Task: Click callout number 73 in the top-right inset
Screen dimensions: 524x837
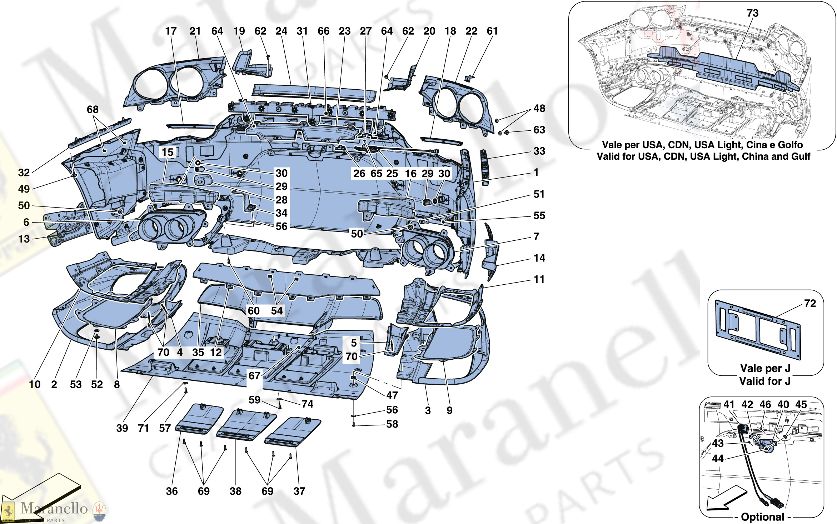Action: [x=752, y=13]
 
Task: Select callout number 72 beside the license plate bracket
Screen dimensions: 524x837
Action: [x=810, y=304]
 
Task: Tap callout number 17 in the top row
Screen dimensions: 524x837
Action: [x=171, y=31]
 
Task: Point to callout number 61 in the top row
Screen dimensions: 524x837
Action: [x=492, y=31]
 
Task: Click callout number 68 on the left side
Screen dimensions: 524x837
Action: [x=93, y=110]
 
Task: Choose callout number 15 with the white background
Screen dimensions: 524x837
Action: [x=167, y=153]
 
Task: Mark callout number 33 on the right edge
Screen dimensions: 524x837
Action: [x=539, y=151]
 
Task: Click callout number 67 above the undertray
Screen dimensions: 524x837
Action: [x=254, y=376]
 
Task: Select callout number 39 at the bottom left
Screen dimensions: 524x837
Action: [x=122, y=428]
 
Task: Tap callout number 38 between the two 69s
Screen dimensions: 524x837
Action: [x=235, y=491]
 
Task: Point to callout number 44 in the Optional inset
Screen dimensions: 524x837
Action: [x=718, y=459]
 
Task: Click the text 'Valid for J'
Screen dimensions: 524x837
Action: [x=764, y=381]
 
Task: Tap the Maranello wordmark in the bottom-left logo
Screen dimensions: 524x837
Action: [x=54, y=508]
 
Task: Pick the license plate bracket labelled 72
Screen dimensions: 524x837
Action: [x=757, y=330]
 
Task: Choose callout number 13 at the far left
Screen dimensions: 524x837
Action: [x=24, y=239]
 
